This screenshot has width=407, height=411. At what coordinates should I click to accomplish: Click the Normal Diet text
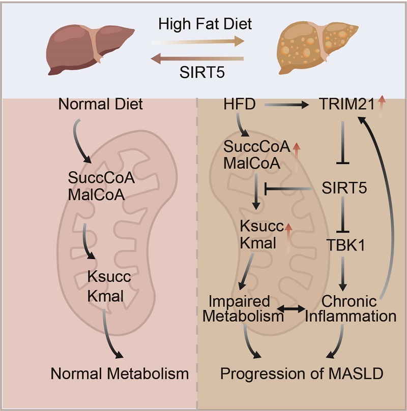pyautogui.click(x=101, y=106)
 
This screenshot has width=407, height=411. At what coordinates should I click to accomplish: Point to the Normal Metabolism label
pyautogui.click(x=120, y=374)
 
